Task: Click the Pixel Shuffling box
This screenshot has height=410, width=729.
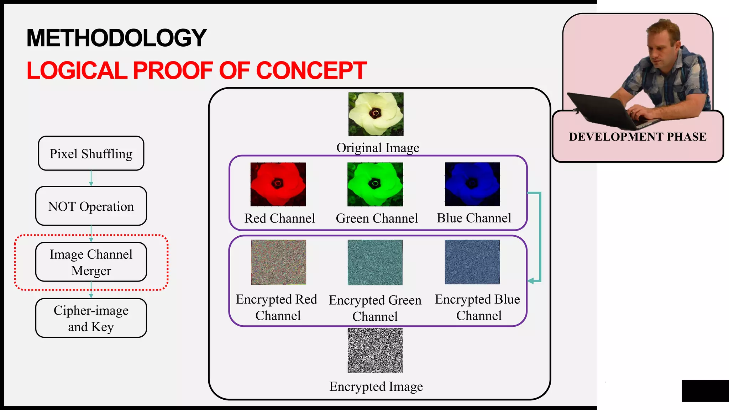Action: point(91,153)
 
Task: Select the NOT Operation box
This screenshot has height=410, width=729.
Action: point(91,206)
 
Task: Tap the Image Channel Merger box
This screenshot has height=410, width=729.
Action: point(91,262)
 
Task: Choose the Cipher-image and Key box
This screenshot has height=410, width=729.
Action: point(91,318)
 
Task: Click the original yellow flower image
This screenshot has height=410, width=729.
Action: point(376,114)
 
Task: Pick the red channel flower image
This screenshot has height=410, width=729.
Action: point(278,184)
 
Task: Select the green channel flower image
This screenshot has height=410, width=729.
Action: point(375,184)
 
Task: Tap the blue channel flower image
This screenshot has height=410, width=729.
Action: point(472,184)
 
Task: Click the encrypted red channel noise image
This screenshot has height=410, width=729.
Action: point(278,262)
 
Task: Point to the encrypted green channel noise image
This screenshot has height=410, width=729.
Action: point(375,262)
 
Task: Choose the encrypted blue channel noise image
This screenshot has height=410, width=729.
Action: point(472,262)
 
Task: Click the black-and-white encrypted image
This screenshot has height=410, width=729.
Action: point(375,351)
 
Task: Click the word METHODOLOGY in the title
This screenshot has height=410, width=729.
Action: point(117,38)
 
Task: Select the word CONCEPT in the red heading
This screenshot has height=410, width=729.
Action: point(311,70)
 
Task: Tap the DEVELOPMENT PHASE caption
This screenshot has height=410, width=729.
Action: point(638,137)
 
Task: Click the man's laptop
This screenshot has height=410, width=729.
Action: point(605,110)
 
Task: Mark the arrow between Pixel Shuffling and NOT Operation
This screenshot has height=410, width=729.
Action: point(91,178)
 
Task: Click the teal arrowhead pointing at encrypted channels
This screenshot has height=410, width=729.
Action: point(531,281)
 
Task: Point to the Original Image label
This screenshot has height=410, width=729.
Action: point(378,148)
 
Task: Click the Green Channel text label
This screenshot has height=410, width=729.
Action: point(377,218)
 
